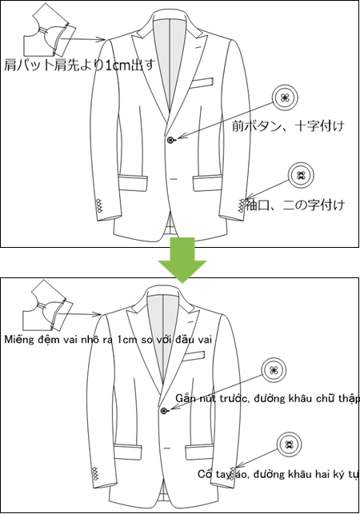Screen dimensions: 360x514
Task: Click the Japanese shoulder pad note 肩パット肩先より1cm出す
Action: click(79, 65)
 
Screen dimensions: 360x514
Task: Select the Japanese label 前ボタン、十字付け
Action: click(288, 126)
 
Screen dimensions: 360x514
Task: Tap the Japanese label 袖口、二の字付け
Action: click(294, 205)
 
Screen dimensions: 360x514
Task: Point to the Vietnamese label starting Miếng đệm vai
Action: click(108, 339)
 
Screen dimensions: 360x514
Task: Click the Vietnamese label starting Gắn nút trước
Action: click(267, 398)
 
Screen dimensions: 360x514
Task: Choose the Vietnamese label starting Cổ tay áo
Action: click(278, 474)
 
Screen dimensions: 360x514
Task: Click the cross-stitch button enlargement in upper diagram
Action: click(285, 98)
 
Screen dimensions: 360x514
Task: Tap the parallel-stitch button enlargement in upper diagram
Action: click(301, 175)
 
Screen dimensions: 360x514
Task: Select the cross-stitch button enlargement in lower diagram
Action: click(274, 370)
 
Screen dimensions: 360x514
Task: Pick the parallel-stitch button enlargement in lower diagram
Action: click(289, 444)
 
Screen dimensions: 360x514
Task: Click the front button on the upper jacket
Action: click(170, 140)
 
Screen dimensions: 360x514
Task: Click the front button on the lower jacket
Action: click(164, 410)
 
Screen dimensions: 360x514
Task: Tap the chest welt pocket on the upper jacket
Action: click(202, 83)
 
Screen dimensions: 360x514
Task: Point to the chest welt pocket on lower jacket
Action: click(194, 357)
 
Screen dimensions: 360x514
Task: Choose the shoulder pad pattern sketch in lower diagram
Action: click(48, 305)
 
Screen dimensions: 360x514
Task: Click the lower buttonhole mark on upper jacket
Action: click(174, 179)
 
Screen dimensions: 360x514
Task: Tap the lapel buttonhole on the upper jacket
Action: click(198, 48)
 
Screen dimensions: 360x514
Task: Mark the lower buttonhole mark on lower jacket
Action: click(167, 448)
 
